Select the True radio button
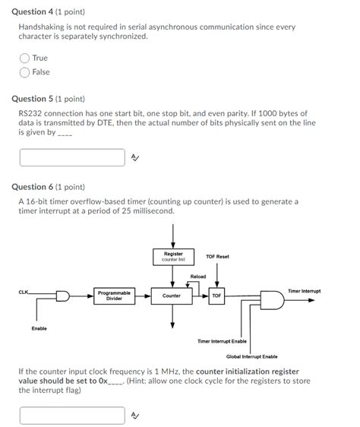[24, 58]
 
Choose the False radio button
[24, 72]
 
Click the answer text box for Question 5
[72, 157]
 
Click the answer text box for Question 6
[72, 416]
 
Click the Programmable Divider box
[114, 296]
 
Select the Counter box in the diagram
[172, 296]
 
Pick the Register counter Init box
[173, 257]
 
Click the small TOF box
[216, 296]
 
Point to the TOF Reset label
[217, 257]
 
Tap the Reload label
[198, 277]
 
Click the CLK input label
[23, 293]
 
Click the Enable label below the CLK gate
[39, 328]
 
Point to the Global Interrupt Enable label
[252, 356]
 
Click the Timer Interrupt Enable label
[222, 341]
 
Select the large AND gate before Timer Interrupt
[272, 300]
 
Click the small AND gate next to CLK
[63, 296]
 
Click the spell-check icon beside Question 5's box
[135, 157]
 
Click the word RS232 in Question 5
[30, 113]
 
